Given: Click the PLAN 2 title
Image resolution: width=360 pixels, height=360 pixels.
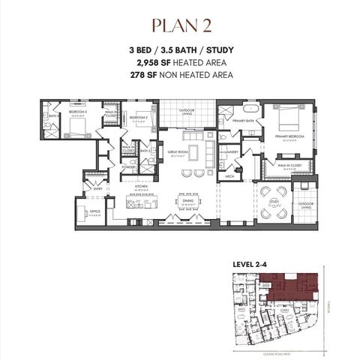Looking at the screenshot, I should pyautogui.click(x=179, y=24).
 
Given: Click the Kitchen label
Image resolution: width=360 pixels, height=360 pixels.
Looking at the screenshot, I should pyautogui.click(x=141, y=190).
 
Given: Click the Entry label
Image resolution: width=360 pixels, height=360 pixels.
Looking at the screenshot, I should pyautogui.click(x=97, y=189).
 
